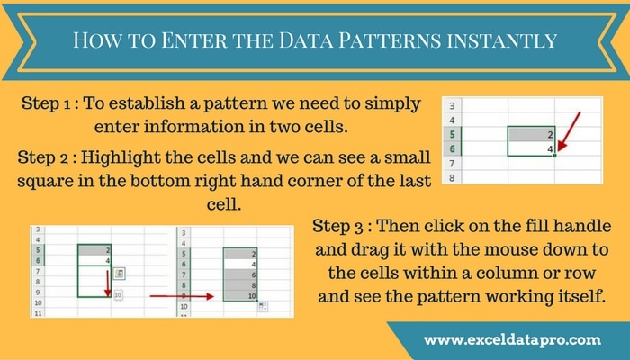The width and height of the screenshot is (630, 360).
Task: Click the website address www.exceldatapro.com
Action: point(512,340)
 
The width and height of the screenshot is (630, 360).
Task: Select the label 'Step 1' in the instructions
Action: point(46,104)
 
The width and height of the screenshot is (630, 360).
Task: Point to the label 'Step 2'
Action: point(43,158)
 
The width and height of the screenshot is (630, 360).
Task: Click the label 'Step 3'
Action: point(337,227)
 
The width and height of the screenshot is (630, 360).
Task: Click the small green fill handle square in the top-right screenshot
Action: point(555,156)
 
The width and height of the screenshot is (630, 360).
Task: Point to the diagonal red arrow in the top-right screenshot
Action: point(570,131)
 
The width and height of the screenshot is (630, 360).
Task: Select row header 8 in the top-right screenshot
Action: point(452,177)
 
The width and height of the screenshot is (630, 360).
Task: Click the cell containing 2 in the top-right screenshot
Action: point(531,134)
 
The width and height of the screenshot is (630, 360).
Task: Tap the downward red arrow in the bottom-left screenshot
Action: point(108,283)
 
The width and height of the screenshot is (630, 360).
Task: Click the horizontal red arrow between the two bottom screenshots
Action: point(182,296)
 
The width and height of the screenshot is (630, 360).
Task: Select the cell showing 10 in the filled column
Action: point(240,296)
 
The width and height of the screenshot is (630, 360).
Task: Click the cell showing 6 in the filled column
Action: point(240,274)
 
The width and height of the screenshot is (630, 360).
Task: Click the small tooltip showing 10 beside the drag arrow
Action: point(118,295)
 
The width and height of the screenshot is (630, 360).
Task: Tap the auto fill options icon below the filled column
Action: point(263,307)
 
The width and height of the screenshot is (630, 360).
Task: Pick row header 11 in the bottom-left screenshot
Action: point(38,313)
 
